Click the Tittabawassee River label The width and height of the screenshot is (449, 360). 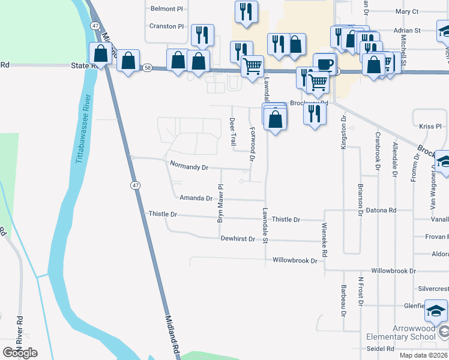[82, 130]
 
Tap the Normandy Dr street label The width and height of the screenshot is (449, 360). [188, 165]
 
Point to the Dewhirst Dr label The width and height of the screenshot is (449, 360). [238, 239]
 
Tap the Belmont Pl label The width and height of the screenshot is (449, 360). [166, 9]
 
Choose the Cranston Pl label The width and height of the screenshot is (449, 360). [167, 26]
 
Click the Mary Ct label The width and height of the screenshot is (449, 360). [407, 11]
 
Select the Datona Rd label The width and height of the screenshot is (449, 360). [384, 211]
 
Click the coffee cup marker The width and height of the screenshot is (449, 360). [324, 63]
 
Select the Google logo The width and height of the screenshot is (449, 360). [20, 352]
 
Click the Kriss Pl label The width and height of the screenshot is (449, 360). [430, 127]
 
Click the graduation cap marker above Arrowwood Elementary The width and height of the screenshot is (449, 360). [436, 311]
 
